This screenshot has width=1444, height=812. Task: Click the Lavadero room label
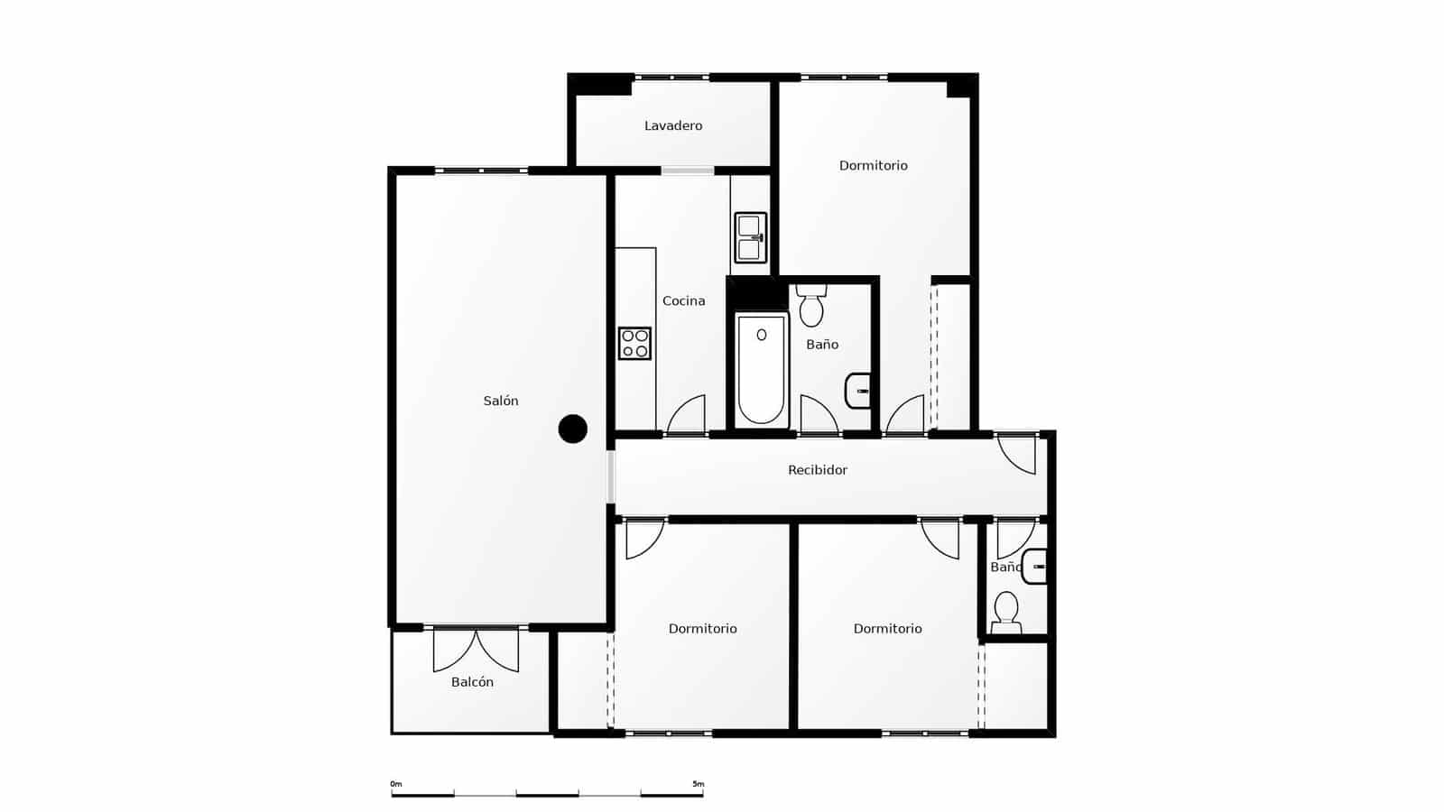coord(673,125)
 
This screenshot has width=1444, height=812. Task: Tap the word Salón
coord(501,401)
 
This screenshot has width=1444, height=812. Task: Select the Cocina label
coord(683,300)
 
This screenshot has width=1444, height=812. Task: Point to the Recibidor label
coord(817,470)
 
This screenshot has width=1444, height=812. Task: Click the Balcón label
coord(472,682)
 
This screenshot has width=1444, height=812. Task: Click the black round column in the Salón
coord(572,429)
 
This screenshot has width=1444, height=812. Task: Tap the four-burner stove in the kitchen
coord(634,343)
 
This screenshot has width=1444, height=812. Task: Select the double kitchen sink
coord(750,237)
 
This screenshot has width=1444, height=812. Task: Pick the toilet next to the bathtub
coord(811,307)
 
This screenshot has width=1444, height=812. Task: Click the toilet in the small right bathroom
coord(1005,612)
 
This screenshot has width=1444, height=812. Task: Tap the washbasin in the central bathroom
coord(858,391)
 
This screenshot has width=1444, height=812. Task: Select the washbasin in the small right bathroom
coord(1034,567)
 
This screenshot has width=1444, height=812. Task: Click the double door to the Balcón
coord(476,650)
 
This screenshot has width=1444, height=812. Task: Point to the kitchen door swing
coord(687,415)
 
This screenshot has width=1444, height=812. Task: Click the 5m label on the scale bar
coord(698,784)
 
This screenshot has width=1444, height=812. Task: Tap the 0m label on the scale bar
coord(395,784)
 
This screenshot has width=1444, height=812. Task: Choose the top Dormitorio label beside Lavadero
coord(873,165)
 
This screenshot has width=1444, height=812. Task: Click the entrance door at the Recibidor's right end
coord(1017,454)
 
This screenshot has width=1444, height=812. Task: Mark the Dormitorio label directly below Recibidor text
coord(887,629)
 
